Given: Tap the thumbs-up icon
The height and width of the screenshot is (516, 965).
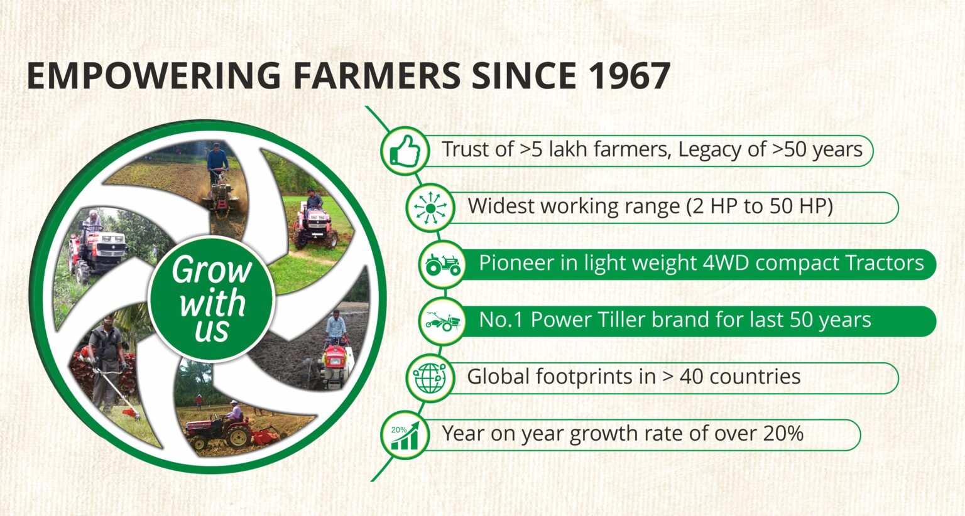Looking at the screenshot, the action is click(x=405, y=151).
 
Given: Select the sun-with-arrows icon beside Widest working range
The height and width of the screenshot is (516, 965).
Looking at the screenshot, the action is click(x=430, y=208).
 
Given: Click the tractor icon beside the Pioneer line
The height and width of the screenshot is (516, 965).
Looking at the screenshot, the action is click(x=443, y=265).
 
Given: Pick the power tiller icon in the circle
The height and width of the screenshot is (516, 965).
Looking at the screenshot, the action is click(x=443, y=321).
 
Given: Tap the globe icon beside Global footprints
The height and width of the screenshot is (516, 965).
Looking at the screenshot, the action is click(x=430, y=379).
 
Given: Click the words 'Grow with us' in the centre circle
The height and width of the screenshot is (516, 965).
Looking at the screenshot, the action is click(x=212, y=299).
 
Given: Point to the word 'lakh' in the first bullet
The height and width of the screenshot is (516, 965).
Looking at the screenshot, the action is click(x=568, y=149).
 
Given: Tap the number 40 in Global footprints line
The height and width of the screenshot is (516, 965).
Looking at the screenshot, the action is click(x=692, y=377).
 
